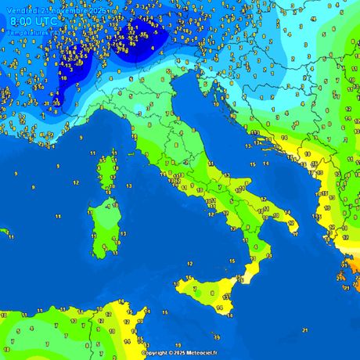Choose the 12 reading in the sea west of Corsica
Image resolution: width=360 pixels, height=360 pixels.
pyautogui.click(x=75, y=182)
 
